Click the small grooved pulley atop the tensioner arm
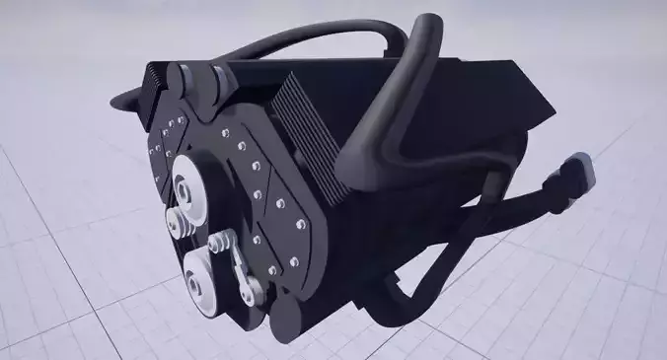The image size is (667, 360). tap(222, 242)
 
